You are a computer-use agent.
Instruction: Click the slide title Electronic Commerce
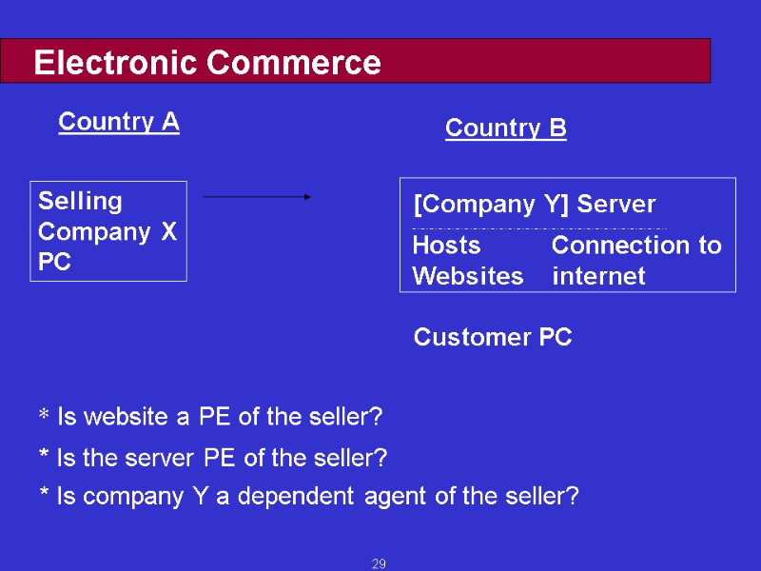(x=207, y=64)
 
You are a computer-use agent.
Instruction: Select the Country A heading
(x=119, y=122)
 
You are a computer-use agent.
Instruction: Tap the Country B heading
(x=505, y=128)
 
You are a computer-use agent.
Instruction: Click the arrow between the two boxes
(x=257, y=197)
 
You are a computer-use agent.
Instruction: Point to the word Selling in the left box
(x=80, y=201)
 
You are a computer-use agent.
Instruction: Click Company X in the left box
(x=107, y=231)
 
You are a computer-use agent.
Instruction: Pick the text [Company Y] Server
(x=535, y=205)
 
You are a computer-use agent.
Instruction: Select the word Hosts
(x=446, y=246)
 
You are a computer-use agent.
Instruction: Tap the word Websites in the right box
(x=467, y=277)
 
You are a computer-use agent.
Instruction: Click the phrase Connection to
(x=636, y=246)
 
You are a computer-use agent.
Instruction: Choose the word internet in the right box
(x=598, y=277)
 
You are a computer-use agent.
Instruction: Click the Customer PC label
(x=493, y=338)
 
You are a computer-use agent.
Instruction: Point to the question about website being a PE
(x=209, y=417)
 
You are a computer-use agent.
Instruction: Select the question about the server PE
(x=212, y=459)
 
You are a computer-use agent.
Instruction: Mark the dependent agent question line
(x=308, y=496)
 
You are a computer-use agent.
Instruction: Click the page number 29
(x=379, y=565)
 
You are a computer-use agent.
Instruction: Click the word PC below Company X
(x=54, y=263)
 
